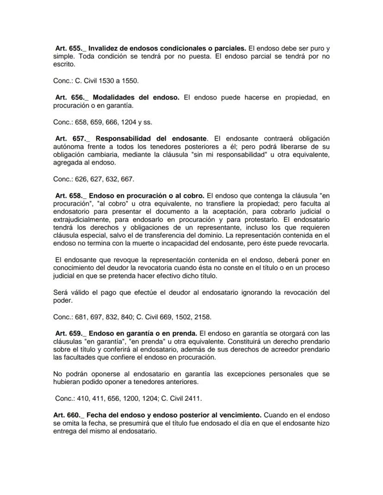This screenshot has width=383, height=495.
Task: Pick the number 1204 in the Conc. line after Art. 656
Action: pos(125,122)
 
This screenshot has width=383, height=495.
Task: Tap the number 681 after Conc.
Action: pos(82,317)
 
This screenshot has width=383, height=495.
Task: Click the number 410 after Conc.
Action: pos(84,398)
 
